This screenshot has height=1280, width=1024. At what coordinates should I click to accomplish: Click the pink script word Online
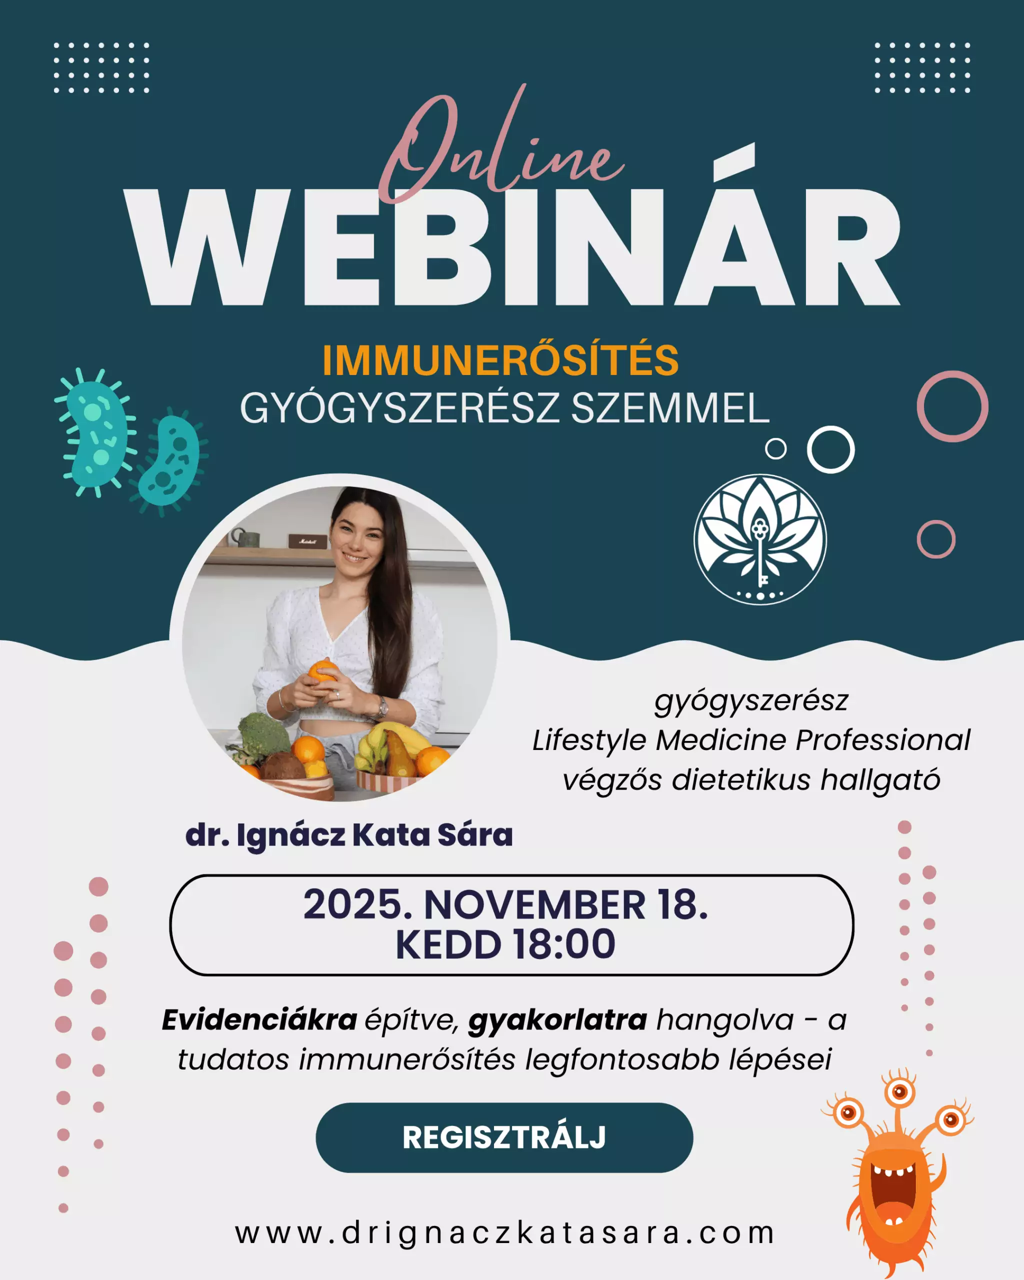tap(501, 145)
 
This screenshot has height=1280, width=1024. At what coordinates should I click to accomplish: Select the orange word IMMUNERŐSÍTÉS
tap(500, 360)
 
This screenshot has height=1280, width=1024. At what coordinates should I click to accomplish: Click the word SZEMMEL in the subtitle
tap(670, 408)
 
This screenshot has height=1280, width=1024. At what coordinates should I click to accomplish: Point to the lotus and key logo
tap(760, 539)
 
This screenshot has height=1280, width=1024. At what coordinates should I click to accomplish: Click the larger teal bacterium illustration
tap(95, 432)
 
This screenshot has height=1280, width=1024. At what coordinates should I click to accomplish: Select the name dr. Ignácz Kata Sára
tap(349, 834)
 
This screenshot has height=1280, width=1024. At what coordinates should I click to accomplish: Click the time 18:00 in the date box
tap(564, 944)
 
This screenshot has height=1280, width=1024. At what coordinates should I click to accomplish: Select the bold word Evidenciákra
tap(259, 1020)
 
